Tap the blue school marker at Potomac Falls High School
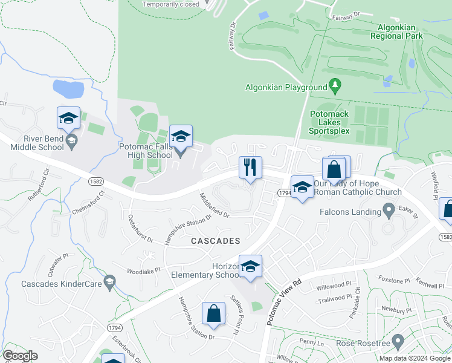181,137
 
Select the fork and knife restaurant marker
250,168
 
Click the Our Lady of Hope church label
358,188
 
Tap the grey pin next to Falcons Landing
390,211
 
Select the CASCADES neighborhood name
216,241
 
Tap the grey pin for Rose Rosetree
398,342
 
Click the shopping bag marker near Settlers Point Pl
213,314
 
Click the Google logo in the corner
21,356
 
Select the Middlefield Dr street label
215,206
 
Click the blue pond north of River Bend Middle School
68,88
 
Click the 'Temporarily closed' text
170,4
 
